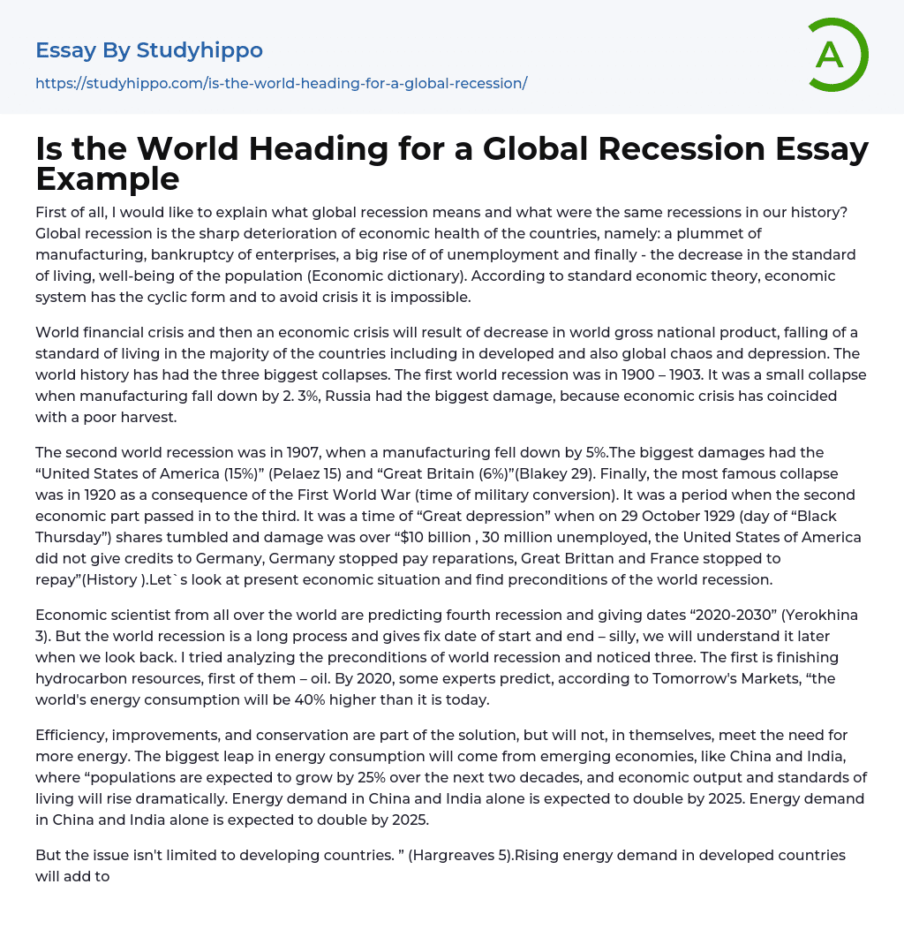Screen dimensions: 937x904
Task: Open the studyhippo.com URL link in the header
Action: (x=281, y=83)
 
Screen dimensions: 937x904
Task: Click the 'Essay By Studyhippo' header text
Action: (x=149, y=50)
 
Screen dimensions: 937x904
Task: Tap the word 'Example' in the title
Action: (x=108, y=178)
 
